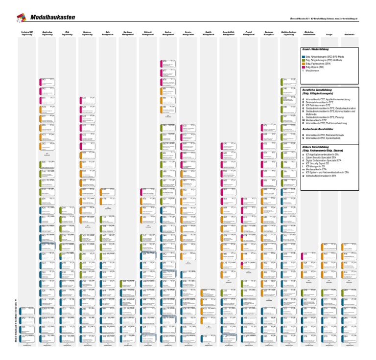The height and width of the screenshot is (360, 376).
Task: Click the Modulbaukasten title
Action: pyautogui.click(x=52, y=18)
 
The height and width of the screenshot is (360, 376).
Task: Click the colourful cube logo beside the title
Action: pyautogui.click(x=21, y=18)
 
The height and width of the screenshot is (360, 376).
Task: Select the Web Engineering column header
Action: pyautogui.click(x=67, y=34)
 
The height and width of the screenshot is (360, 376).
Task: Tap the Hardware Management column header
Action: pyautogui.click(x=128, y=34)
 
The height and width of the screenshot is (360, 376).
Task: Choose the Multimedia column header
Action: pyautogui.click(x=350, y=35)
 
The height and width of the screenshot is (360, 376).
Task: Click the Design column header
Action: pyautogui.click(x=329, y=35)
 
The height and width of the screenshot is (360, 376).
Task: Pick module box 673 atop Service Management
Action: pyautogui.click(x=188, y=128)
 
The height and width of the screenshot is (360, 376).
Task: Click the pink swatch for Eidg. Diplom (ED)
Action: pyautogui.click(x=304, y=67)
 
